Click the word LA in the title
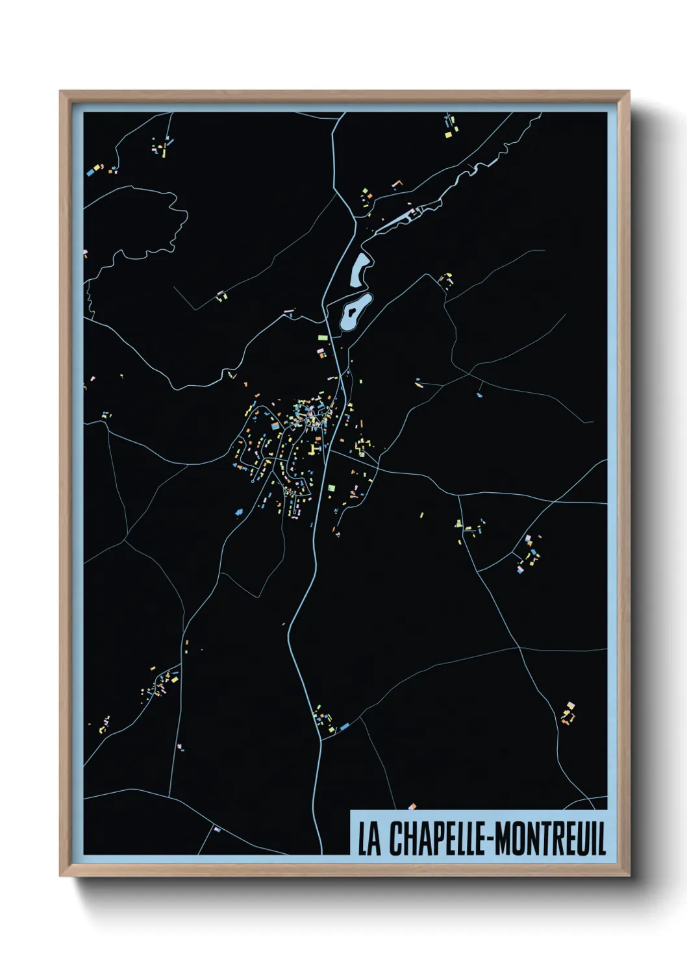click(x=369, y=838)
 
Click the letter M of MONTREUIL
click(x=503, y=838)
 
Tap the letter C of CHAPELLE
click(x=395, y=838)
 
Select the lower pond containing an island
click(x=355, y=312)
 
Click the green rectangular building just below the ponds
click(x=322, y=338)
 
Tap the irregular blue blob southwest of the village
click(x=239, y=512)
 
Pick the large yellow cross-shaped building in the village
click(x=314, y=450)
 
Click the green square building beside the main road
click(x=331, y=488)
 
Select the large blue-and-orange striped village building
click(x=275, y=427)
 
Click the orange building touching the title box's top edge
click(x=412, y=807)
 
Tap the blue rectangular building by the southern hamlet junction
click(x=345, y=726)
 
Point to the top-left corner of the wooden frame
click(x=60, y=92)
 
